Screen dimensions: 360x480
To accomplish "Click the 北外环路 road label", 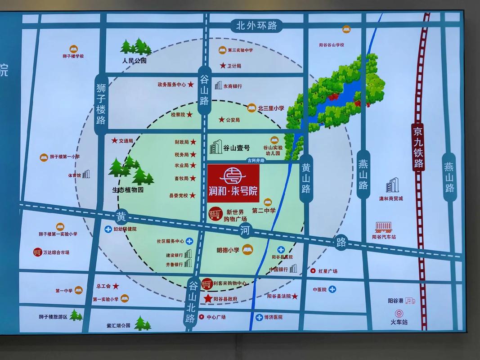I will [257, 26].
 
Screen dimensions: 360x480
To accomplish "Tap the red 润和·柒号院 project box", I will [233, 184].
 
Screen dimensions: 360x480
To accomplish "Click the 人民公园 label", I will [134, 60].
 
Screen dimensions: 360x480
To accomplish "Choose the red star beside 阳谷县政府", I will [208, 298].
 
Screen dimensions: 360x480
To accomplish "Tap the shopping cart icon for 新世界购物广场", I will [215, 212].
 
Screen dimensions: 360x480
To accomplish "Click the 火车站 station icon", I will [399, 313].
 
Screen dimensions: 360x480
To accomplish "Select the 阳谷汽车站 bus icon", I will [384, 227].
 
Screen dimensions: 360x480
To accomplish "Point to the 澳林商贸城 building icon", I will [392, 185].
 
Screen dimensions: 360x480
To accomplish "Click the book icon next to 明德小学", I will [247, 249].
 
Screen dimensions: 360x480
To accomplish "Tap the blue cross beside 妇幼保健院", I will [108, 229].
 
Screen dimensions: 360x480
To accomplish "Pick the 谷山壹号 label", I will [236, 147].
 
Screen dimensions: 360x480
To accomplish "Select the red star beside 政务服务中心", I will [191, 84].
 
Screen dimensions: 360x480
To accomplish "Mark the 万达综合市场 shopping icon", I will [37, 252].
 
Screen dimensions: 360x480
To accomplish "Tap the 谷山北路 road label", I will [192, 301].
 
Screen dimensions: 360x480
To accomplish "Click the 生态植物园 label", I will [127, 190].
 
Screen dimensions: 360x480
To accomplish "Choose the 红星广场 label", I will [327, 271].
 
